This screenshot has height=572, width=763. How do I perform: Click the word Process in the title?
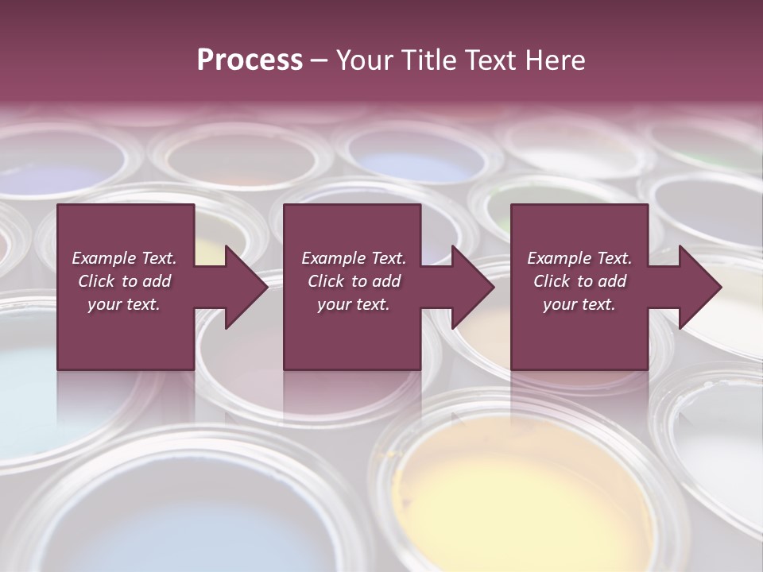tap(250, 60)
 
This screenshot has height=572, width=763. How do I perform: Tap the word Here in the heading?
tap(554, 60)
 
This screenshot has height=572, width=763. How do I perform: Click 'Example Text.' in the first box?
tap(124, 258)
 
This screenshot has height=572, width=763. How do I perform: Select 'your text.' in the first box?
tap(124, 304)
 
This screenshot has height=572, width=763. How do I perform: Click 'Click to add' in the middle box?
tap(354, 281)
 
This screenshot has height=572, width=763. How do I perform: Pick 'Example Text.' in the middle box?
tap(354, 258)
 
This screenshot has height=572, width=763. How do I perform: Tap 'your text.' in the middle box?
tap(354, 304)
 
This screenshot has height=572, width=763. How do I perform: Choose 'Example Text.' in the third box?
tap(579, 258)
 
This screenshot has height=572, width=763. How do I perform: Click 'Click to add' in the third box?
tap(579, 281)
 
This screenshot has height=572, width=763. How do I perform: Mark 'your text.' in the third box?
tap(579, 304)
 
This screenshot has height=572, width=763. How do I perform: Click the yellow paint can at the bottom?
tap(517, 493)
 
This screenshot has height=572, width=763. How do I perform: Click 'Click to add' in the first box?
tap(124, 281)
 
